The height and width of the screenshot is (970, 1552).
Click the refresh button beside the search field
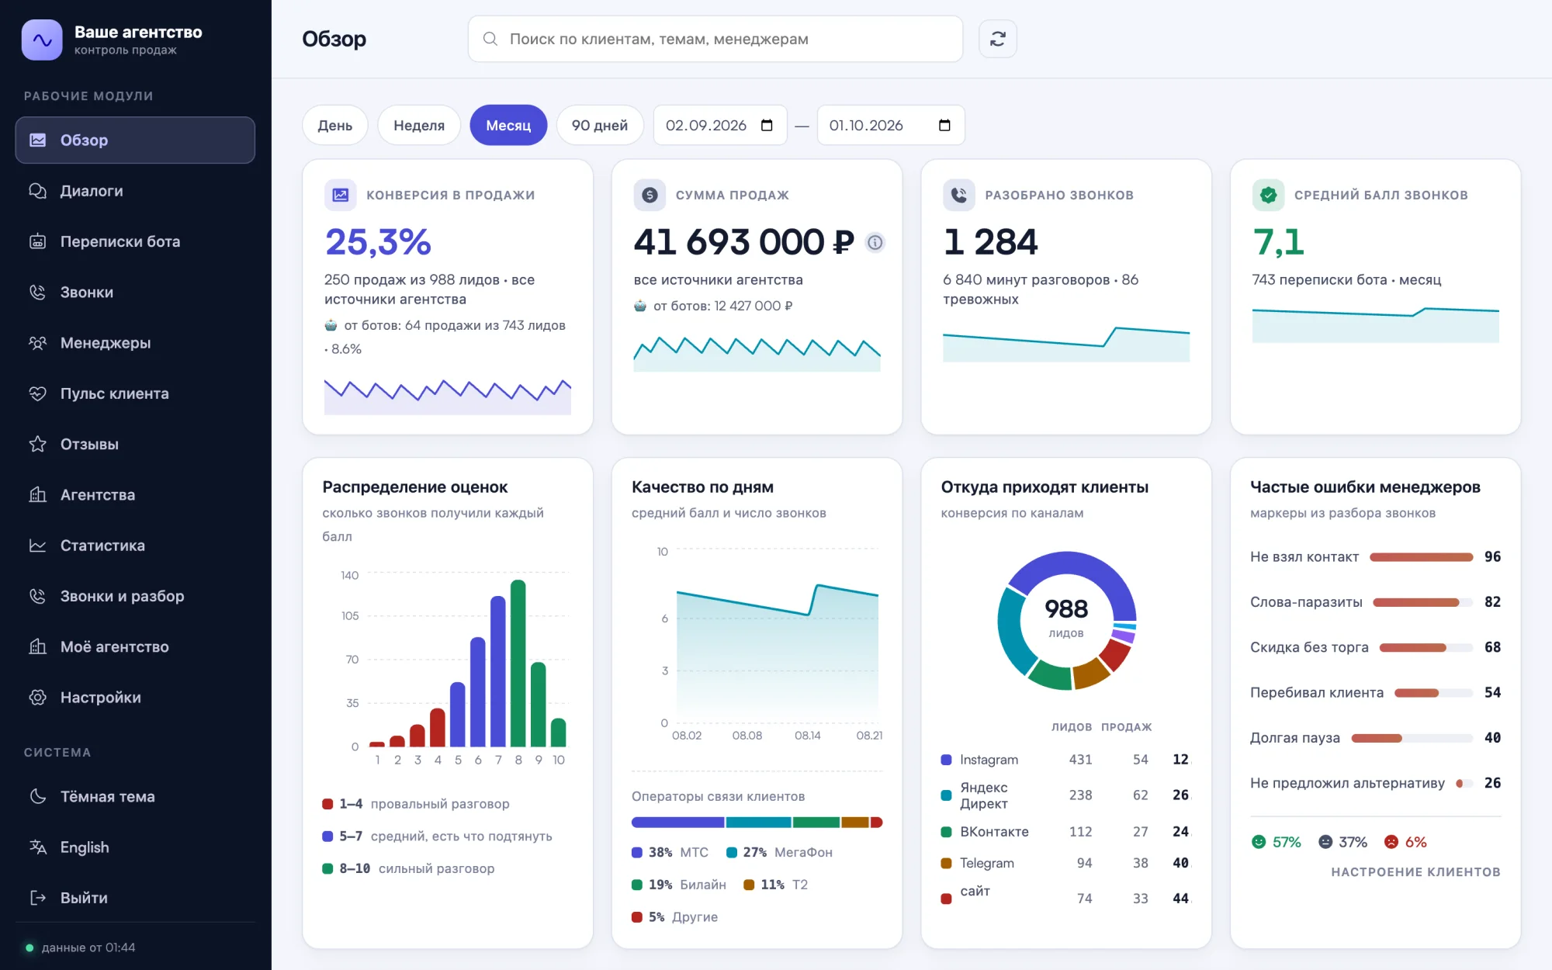tap(998, 39)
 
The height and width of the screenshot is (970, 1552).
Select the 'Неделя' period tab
tap(419, 125)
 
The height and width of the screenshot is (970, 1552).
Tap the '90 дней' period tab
tap(600, 125)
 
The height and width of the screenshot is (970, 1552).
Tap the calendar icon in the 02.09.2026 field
tap(767, 125)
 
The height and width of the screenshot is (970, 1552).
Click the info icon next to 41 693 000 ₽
tap(875, 242)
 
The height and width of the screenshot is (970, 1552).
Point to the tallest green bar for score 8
tap(518, 663)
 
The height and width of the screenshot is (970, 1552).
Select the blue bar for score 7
tap(498, 671)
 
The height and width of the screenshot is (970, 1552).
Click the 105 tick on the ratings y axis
tap(350, 615)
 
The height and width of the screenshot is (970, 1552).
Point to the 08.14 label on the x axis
tap(808, 735)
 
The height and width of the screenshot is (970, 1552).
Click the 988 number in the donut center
tap(1066, 608)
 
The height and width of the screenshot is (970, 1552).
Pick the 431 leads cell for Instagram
tap(1080, 760)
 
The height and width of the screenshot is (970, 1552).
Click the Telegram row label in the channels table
tap(987, 863)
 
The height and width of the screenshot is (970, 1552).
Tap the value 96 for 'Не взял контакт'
tap(1492, 556)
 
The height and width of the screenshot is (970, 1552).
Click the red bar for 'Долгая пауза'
tap(1377, 738)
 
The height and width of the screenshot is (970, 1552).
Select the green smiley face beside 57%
tap(1259, 842)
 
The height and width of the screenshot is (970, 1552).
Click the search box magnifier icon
tap(490, 39)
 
